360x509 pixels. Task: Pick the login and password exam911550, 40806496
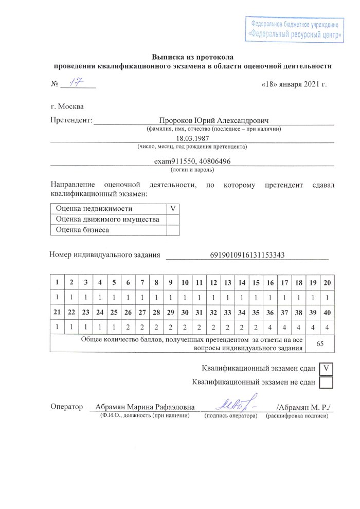pos(192,161)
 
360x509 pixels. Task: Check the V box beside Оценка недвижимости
pos(173,209)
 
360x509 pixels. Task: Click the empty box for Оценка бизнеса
pos(173,230)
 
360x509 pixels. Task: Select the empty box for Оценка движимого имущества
pos(173,220)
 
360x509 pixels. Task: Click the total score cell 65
pos(319,343)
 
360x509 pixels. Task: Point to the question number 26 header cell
pos(128,312)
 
